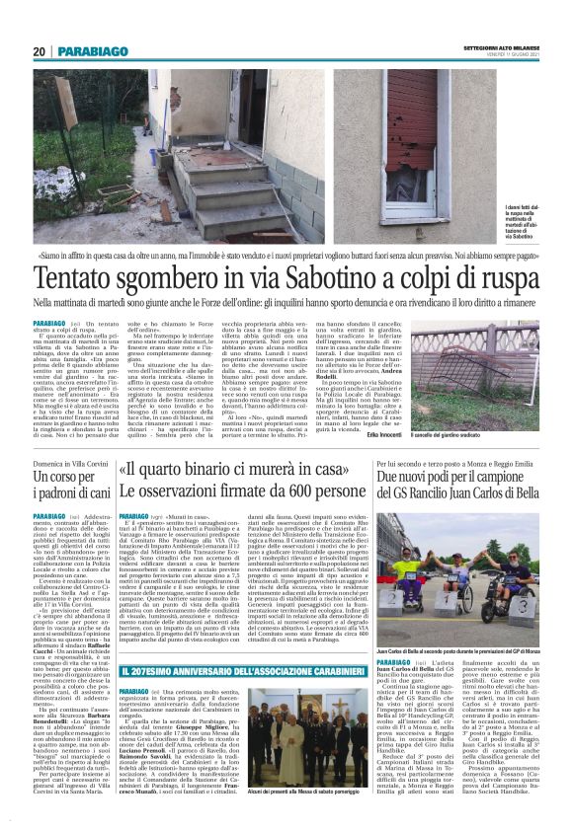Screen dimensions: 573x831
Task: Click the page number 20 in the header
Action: [39, 50]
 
